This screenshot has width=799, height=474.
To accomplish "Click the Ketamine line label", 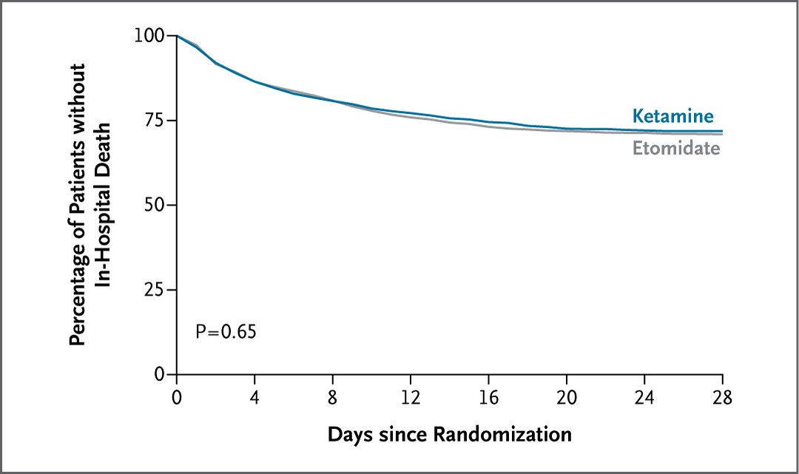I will (x=672, y=116).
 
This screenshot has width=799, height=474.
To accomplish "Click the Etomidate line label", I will (x=675, y=149).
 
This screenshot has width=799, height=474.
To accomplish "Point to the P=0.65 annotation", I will (x=226, y=331).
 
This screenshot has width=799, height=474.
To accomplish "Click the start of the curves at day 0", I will (x=177, y=35).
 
